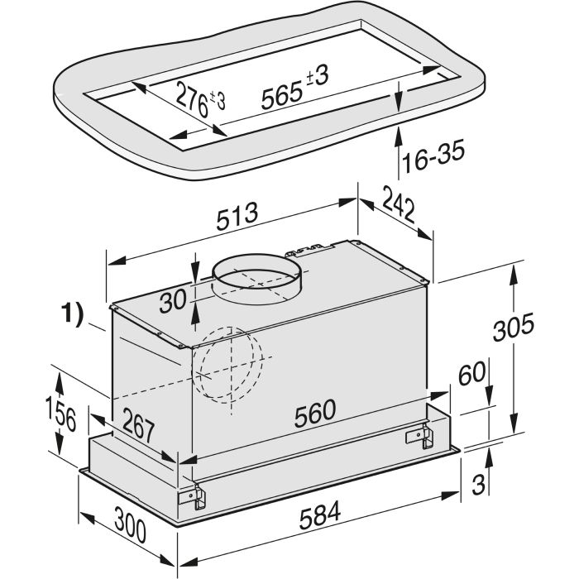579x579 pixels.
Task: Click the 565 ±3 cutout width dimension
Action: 294,88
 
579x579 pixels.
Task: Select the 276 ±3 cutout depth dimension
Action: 200,98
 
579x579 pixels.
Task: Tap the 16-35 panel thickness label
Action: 433,157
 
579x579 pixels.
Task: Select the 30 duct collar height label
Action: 173,300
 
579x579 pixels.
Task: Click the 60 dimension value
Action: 472,373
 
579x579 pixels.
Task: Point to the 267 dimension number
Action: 138,425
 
